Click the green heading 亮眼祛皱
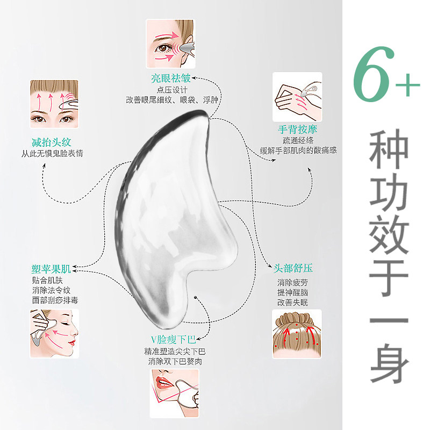point(170,78)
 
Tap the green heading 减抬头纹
point(51,142)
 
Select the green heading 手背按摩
point(297,130)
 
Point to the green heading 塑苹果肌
point(51,269)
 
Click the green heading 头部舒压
point(293,268)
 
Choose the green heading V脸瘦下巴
point(173,340)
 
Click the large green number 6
point(374,74)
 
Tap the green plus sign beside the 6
point(407,84)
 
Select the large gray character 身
point(389,362)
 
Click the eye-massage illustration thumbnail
point(170,44)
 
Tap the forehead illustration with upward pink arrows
point(54,104)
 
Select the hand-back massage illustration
point(297,97)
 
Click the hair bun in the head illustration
point(297,319)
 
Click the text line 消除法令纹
point(51,290)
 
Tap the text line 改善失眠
point(292,302)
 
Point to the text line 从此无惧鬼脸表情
point(52,153)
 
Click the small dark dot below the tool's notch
point(195,297)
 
